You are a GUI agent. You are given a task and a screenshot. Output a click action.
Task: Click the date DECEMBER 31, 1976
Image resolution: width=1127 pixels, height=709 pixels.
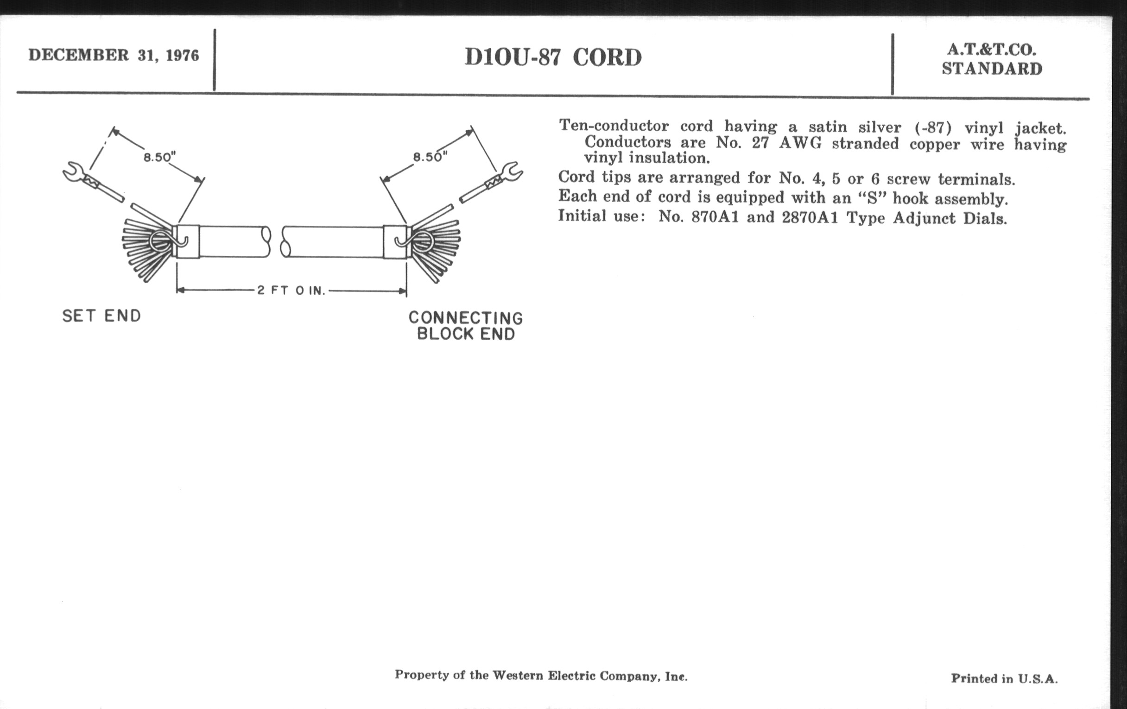tap(114, 55)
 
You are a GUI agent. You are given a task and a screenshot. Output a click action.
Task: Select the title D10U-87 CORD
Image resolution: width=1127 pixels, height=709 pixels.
tap(553, 57)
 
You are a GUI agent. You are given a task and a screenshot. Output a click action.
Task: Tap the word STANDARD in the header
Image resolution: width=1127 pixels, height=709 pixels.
tap(992, 69)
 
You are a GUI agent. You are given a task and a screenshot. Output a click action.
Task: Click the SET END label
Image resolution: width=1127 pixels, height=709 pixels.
tap(101, 316)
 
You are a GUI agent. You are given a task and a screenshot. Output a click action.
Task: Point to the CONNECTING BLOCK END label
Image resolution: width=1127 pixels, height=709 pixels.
tap(466, 326)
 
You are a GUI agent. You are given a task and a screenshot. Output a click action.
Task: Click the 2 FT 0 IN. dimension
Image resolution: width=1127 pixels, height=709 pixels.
tap(291, 291)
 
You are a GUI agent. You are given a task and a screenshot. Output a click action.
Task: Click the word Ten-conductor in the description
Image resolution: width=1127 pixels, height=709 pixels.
tap(614, 126)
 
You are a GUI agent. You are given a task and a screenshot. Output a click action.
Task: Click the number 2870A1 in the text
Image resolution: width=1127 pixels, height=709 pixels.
tap(810, 218)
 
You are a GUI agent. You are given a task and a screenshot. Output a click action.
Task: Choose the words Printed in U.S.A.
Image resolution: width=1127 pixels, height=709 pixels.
tap(1004, 678)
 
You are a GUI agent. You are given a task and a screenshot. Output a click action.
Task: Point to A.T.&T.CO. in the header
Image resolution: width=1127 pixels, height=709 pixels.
tap(992, 50)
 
